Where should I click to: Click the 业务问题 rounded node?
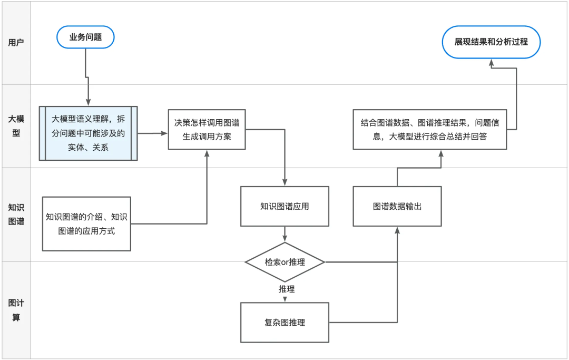pyautogui.click(x=85, y=37)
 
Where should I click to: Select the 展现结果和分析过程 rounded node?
pyautogui.click(x=491, y=41)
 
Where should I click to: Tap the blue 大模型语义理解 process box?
pyautogui.click(x=88, y=133)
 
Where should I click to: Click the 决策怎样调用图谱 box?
pyautogui.click(x=207, y=129)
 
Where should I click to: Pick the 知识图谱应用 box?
pyautogui.click(x=284, y=206)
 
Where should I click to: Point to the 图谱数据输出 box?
pyautogui.click(x=397, y=206)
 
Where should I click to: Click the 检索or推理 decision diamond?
pyautogui.click(x=284, y=262)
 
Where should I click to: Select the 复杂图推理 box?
pyautogui.click(x=284, y=323)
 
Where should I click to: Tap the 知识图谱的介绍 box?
pyautogui.click(x=86, y=223)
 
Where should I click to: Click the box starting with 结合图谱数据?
pyautogui.click(x=429, y=130)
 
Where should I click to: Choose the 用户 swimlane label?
pyautogui.click(x=16, y=43)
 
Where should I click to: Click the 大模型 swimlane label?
pyautogui.click(x=16, y=126)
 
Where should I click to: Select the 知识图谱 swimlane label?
pyautogui.click(x=16, y=214)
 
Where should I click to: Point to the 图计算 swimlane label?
pyautogui.click(x=16, y=310)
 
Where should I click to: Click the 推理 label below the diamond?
pyautogui.click(x=287, y=289)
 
